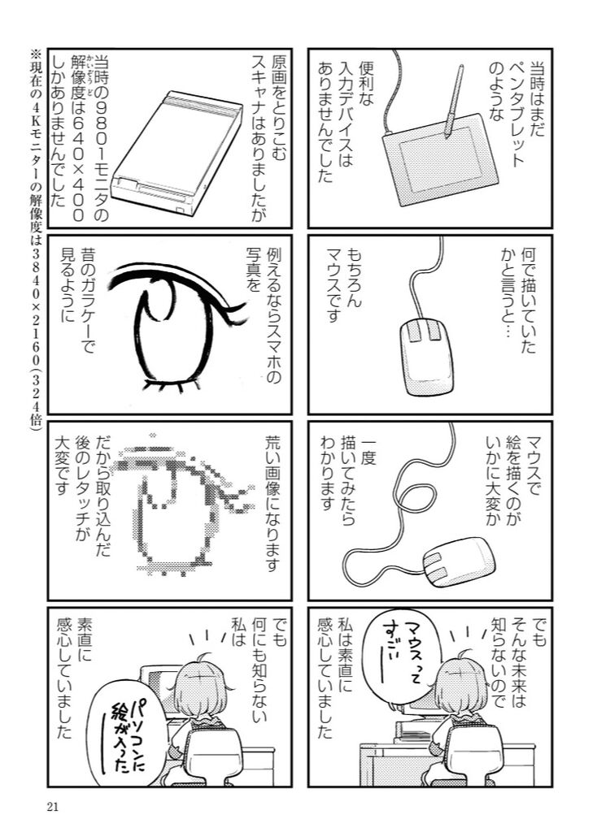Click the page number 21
[x=52, y=807]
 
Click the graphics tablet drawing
[x=441, y=160]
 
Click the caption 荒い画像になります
[x=272, y=502]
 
